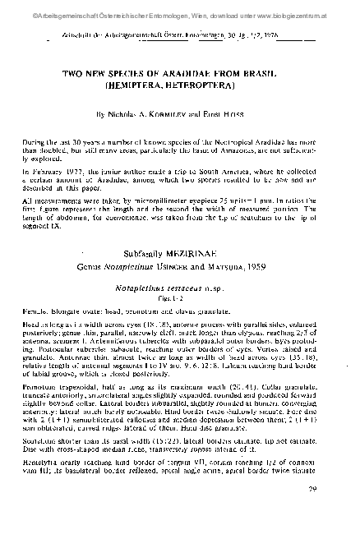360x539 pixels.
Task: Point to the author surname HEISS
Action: pos(244,113)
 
